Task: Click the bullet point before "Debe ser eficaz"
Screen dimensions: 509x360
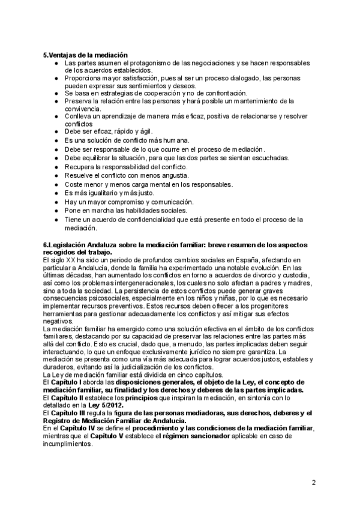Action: click(x=56, y=131)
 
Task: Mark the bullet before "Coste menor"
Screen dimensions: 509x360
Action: click(x=56, y=184)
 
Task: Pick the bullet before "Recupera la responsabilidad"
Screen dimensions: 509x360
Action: click(x=56, y=167)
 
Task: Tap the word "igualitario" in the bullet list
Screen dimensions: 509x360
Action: click(x=97, y=193)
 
